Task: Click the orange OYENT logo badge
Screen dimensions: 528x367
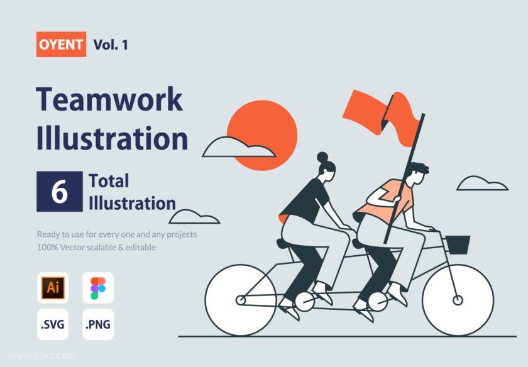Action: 61,44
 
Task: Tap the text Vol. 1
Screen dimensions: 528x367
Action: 111,45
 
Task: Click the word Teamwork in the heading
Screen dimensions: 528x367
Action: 109,99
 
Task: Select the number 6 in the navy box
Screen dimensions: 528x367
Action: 60,191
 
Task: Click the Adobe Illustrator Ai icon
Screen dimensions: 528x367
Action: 53,288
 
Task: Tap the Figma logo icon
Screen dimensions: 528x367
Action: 98,288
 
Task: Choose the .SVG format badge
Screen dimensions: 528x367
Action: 53,324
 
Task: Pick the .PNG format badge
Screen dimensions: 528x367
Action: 98,324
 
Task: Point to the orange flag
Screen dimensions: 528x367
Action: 382,116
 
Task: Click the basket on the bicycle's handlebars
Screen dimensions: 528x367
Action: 458,244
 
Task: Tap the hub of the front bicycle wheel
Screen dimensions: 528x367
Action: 458,300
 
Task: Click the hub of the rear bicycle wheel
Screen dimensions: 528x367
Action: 241,300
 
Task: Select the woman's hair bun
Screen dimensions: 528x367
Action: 322,157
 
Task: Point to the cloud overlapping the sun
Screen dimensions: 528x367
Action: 239,148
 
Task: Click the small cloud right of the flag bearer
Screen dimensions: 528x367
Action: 482,183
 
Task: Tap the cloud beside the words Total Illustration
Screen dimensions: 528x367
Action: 194,217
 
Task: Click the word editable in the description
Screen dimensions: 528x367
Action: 141,247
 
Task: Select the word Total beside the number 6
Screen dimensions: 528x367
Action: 109,181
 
